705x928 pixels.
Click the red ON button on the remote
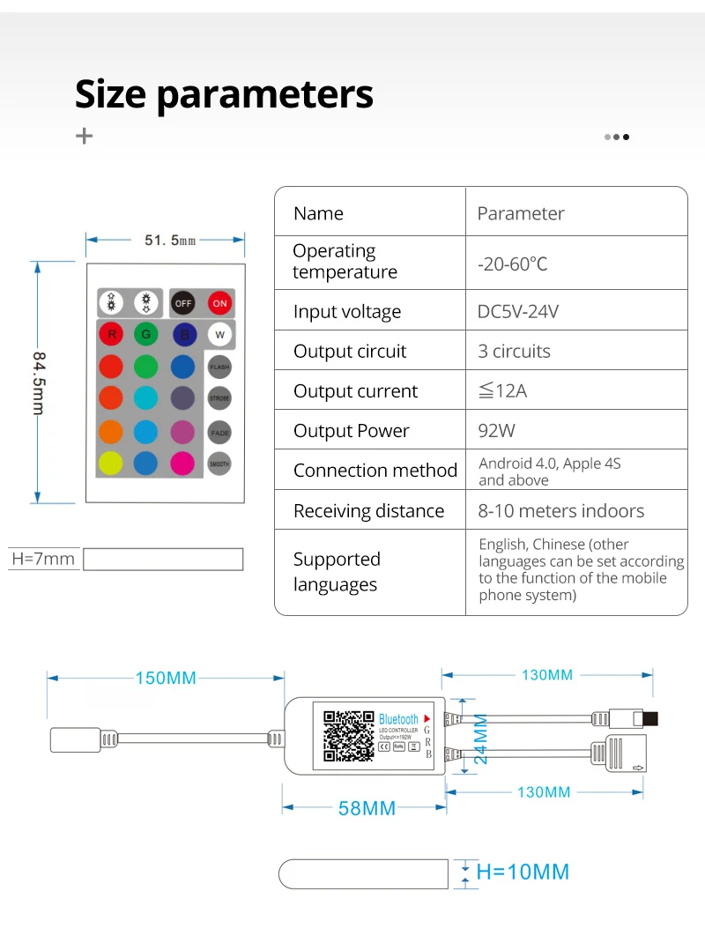pyautogui.click(x=219, y=303)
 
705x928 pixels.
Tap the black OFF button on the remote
pyautogui.click(x=182, y=303)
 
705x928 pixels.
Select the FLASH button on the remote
pyautogui.click(x=219, y=366)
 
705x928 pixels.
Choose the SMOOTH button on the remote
pyautogui.click(x=219, y=464)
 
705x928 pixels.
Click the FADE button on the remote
pyautogui.click(x=219, y=432)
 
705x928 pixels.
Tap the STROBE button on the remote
pyautogui.click(x=219, y=398)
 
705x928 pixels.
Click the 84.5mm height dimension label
pyautogui.click(x=39, y=382)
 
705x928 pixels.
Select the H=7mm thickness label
pyautogui.click(x=43, y=559)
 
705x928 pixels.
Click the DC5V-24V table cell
pyautogui.click(x=518, y=311)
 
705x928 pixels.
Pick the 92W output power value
pyautogui.click(x=497, y=431)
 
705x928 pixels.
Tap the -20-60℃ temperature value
pyautogui.click(x=513, y=264)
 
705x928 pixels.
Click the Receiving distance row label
pyautogui.click(x=368, y=511)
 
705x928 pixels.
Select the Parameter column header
pyautogui.click(x=520, y=213)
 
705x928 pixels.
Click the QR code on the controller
pyautogui.click(x=348, y=736)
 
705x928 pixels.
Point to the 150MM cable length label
pyautogui.click(x=166, y=678)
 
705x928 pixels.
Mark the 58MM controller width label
pyautogui.click(x=367, y=808)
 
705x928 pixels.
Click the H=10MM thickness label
pyautogui.click(x=523, y=872)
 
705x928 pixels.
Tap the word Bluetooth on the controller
pyautogui.click(x=398, y=719)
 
